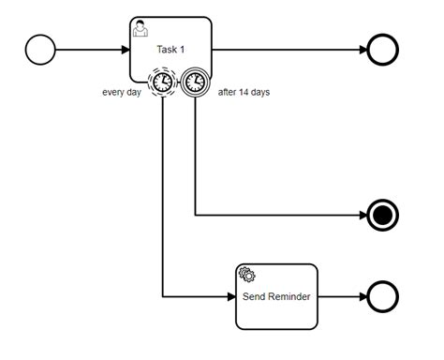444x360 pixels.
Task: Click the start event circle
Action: (40, 50)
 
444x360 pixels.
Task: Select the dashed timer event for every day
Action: (162, 82)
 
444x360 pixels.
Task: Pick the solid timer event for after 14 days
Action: (195, 82)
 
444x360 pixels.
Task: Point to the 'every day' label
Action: (122, 93)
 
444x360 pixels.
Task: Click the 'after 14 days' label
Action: (244, 93)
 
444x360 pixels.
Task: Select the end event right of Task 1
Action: (382, 50)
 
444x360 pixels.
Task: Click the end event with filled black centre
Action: (382, 215)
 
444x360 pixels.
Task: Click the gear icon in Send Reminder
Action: (247, 275)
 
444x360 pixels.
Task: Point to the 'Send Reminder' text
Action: (276, 297)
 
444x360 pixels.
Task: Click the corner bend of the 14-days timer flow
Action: (195, 215)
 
